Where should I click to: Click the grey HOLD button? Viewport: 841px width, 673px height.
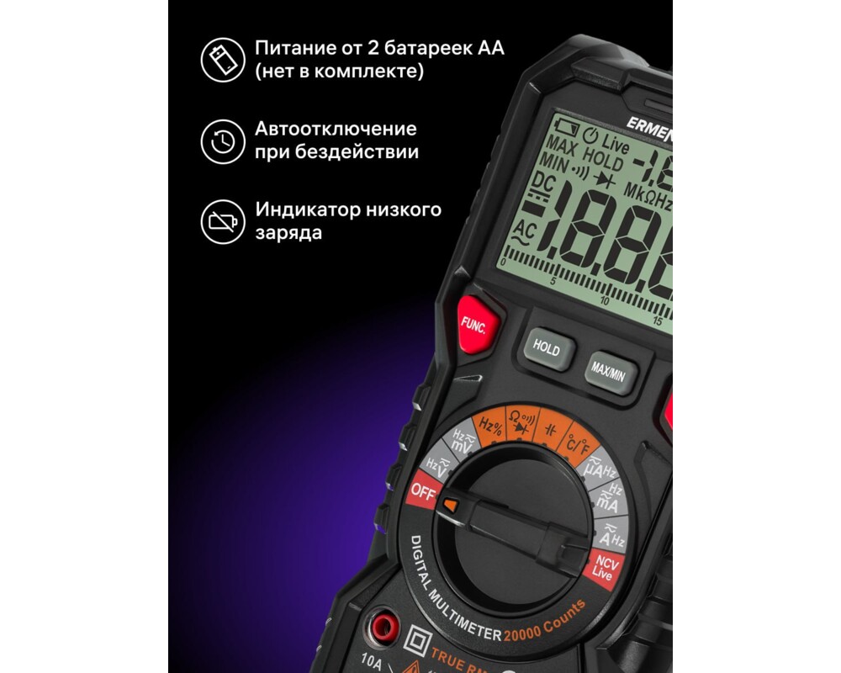point(546,349)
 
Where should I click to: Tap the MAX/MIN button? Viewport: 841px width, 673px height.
point(611,369)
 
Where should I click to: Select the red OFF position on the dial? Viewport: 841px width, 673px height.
point(422,493)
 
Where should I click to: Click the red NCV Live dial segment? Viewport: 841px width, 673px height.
point(602,569)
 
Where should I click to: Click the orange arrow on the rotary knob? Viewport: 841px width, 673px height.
point(451,506)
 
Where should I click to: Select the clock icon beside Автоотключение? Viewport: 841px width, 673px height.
point(222,141)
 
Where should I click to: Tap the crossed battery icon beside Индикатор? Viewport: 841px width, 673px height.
point(222,222)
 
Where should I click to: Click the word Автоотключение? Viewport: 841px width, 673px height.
point(336,130)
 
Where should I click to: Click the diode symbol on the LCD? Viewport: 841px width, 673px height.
point(605,179)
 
